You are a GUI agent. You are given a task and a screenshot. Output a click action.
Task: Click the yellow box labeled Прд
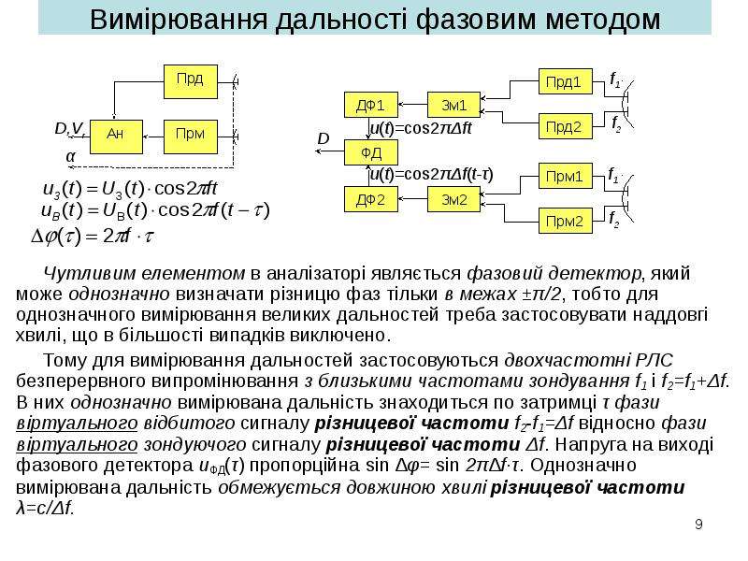pyautogui.click(x=191, y=81)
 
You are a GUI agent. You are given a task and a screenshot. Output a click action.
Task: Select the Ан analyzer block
pyautogui.click(x=116, y=137)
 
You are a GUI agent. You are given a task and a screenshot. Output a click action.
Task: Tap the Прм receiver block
pyautogui.click(x=191, y=137)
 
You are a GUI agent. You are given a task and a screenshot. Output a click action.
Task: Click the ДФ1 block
pyautogui.click(x=370, y=105)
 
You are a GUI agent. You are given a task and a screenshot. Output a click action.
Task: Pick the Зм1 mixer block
pyautogui.click(x=453, y=105)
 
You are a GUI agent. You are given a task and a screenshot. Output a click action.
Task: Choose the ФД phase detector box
pyautogui.click(x=370, y=152)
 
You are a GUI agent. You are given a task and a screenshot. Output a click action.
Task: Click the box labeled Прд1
pyautogui.click(x=566, y=81)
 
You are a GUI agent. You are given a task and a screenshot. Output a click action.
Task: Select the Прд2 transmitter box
pyautogui.click(x=566, y=126)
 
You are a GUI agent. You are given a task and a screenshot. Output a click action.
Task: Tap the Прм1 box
pyautogui.click(x=566, y=176)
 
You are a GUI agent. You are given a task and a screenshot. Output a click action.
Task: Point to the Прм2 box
pyautogui.click(x=566, y=221)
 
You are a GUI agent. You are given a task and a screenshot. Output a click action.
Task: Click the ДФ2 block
pyautogui.click(x=370, y=199)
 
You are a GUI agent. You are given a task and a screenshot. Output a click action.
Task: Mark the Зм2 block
pyautogui.click(x=453, y=199)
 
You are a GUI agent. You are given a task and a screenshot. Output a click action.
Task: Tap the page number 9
pyautogui.click(x=698, y=525)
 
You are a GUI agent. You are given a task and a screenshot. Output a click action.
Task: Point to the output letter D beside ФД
pyautogui.click(x=324, y=138)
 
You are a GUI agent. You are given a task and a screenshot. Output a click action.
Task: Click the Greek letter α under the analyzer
pyautogui.click(x=71, y=156)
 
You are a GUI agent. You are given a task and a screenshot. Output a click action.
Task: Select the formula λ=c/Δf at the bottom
pyautogui.click(x=45, y=509)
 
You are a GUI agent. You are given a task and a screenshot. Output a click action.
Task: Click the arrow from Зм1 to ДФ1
pyautogui.click(x=412, y=104)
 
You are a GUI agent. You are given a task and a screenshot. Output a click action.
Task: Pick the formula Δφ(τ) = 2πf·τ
pyautogui.click(x=92, y=237)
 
